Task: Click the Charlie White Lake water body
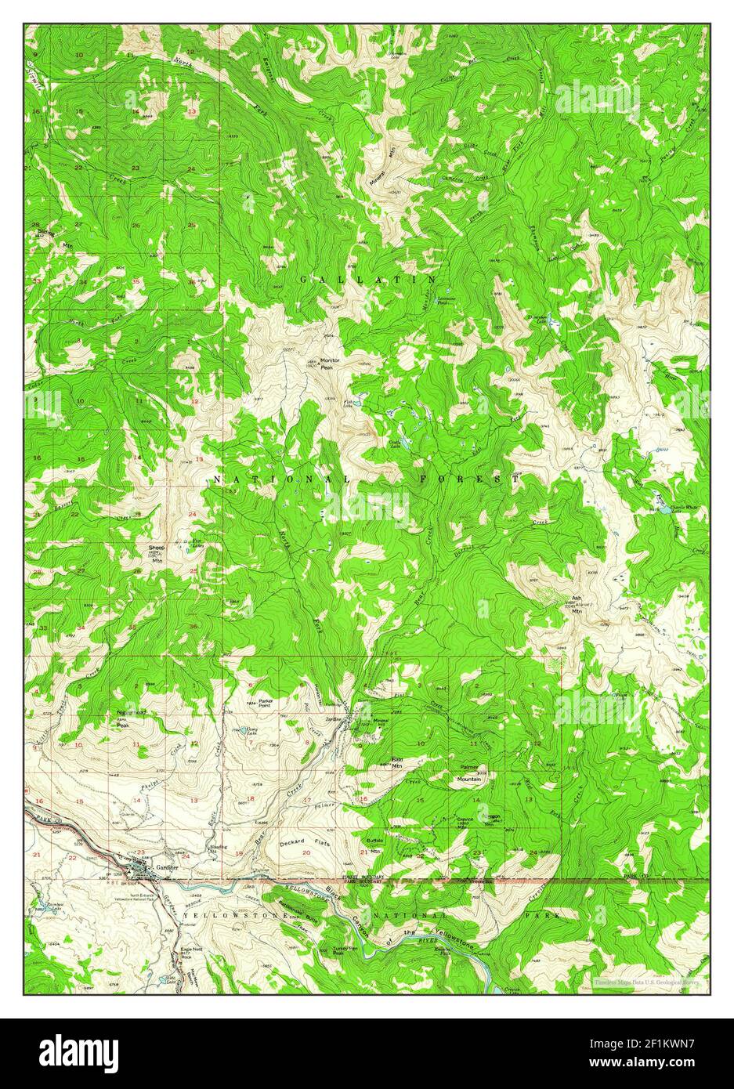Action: tap(660, 510)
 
